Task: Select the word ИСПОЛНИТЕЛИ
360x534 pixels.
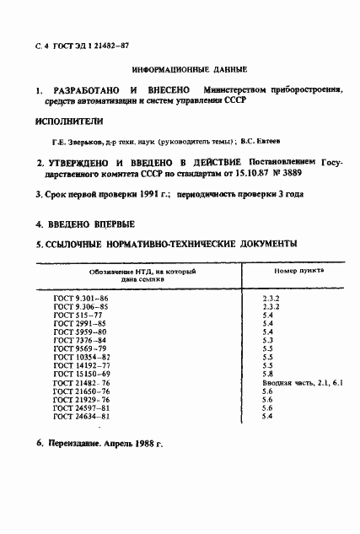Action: coord(69,120)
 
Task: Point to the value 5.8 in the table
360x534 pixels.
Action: coord(267,374)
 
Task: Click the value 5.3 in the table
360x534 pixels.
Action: coord(267,339)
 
